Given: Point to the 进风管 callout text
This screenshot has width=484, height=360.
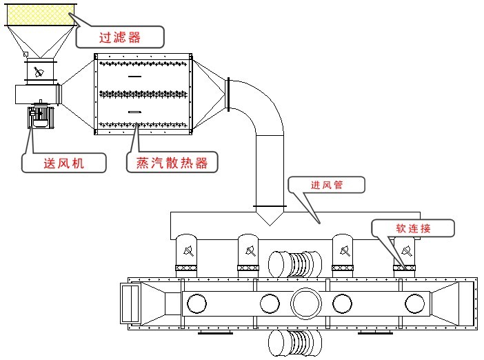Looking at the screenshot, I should pyautogui.click(x=326, y=185).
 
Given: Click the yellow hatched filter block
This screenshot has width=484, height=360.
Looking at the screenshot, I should pyautogui.click(x=38, y=13).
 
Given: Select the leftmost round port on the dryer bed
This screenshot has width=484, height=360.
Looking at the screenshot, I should pyautogui.click(x=197, y=303).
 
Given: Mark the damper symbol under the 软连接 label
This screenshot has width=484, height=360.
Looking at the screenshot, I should pyautogui.click(x=405, y=249).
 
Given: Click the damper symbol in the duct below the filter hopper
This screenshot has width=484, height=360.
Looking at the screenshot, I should pyautogui.click(x=39, y=72).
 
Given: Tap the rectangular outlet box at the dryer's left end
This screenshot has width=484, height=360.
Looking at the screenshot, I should pyautogui.click(x=131, y=302).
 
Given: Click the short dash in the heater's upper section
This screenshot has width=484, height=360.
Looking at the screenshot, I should pyautogui.click(x=134, y=76).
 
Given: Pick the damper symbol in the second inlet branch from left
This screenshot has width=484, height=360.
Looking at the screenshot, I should pyautogui.click(x=248, y=249).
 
